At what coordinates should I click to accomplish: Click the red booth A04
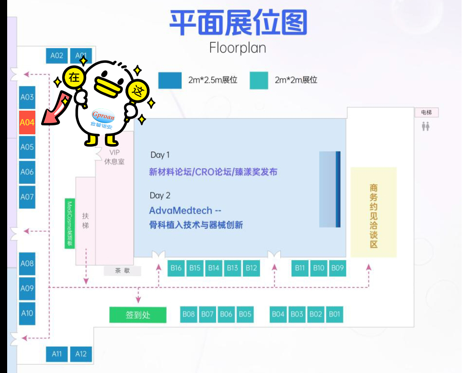coord(27,122)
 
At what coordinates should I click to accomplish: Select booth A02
coord(57,56)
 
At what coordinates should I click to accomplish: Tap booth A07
coord(27,196)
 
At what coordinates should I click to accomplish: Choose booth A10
coord(27,313)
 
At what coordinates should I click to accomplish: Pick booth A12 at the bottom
coord(81,354)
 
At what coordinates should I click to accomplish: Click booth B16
coord(176,268)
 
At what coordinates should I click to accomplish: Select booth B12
coord(251,268)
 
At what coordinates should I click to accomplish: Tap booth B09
coord(338,268)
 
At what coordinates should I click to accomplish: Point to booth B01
coord(334,314)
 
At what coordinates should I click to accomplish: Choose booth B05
coord(245,314)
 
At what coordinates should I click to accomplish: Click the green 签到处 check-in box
coord(138,315)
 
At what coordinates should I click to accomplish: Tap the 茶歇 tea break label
coord(122,270)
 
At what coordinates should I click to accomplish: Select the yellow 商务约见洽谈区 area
coord(374,212)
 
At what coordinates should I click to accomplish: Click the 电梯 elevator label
coord(426,113)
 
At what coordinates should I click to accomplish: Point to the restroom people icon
coord(425,127)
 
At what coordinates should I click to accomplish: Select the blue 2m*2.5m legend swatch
coord(170,80)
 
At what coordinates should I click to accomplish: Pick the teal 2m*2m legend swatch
coord(259,80)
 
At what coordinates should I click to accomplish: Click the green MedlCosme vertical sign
coord(70,224)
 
